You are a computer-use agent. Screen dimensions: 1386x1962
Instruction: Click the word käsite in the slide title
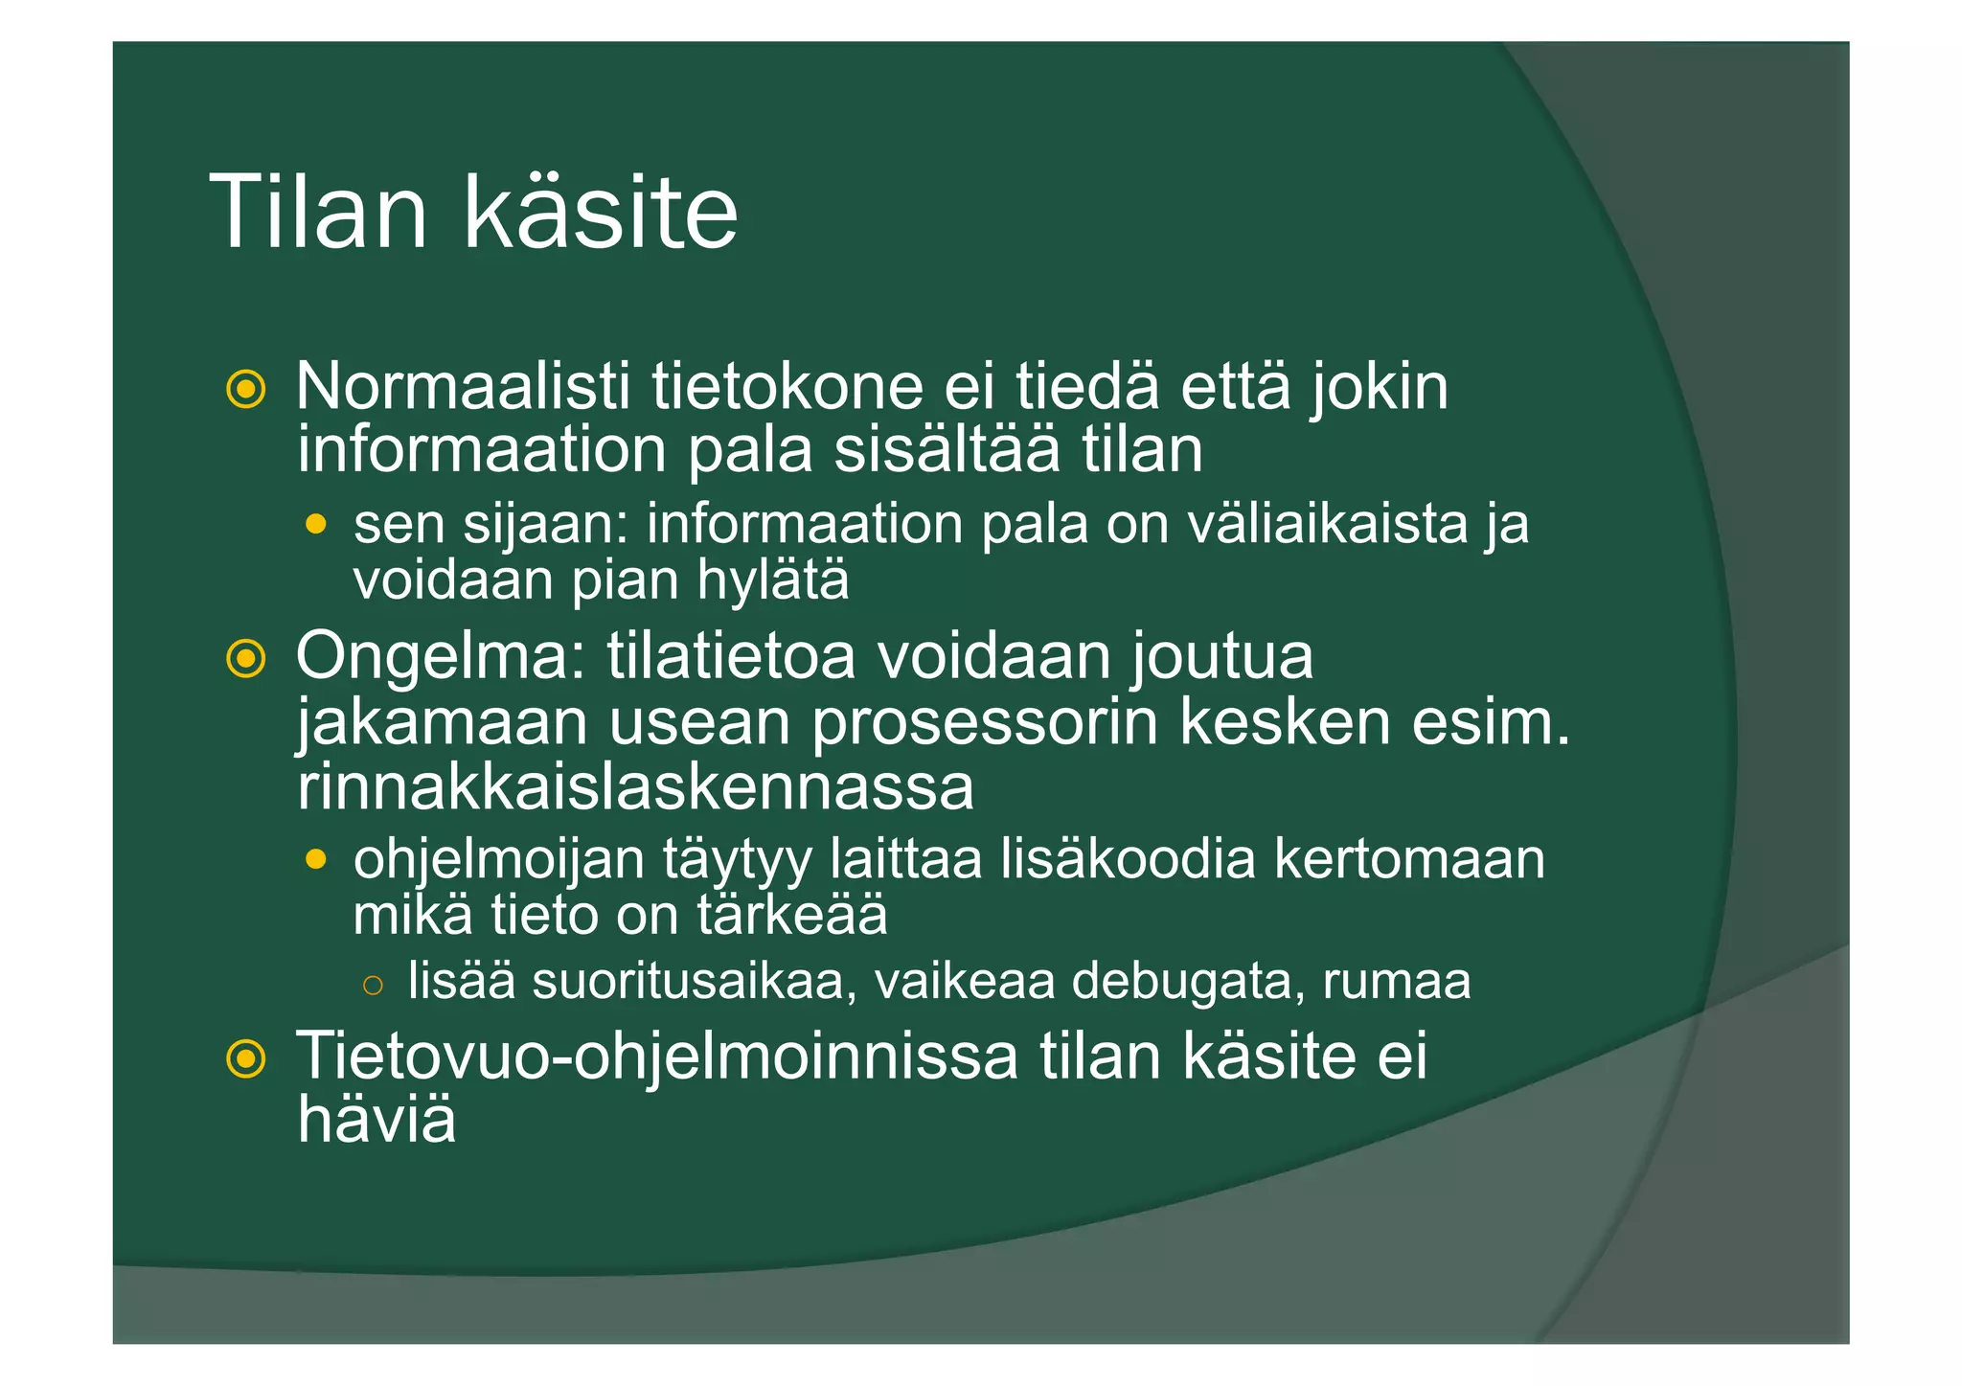[x=601, y=213]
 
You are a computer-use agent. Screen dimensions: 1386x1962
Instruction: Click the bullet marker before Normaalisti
[x=245, y=389]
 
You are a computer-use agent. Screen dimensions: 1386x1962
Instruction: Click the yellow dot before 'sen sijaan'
[x=316, y=525]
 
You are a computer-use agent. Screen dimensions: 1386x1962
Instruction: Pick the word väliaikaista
[x=1327, y=525]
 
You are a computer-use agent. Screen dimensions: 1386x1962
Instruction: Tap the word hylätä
[x=772, y=580]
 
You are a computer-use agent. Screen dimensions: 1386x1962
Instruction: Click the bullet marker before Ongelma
[x=245, y=659]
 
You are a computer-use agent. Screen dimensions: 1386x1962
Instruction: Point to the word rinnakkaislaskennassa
[x=635, y=787]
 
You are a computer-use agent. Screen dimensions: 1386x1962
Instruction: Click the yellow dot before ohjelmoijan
[x=316, y=859]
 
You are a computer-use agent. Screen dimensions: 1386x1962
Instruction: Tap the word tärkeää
[x=791, y=916]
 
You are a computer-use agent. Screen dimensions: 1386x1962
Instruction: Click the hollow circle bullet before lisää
[x=374, y=985]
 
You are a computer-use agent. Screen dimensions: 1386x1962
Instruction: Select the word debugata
[x=1180, y=982]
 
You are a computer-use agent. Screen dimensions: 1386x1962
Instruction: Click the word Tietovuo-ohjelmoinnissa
[x=656, y=1057]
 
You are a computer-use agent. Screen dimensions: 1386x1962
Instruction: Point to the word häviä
[x=376, y=1119]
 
